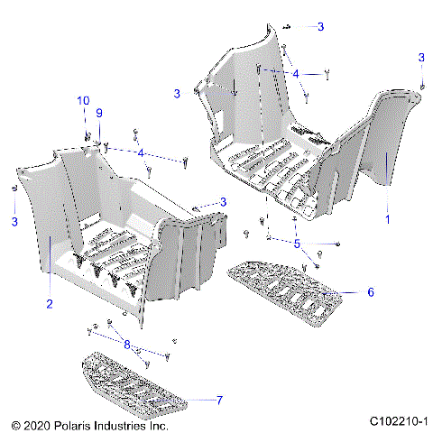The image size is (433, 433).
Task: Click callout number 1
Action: coord(387,218)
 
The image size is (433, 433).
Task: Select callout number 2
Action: coord(50,304)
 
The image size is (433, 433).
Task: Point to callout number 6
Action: coord(370,292)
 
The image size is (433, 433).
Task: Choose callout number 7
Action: coord(219,400)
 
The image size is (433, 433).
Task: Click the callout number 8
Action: coord(127,343)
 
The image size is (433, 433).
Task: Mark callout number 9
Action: coord(100,112)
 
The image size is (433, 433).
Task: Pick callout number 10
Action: coord(83,100)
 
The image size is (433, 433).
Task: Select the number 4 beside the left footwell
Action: coord(140,153)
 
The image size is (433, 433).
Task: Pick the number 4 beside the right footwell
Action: coord(295,73)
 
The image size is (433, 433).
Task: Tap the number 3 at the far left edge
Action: coord(14,221)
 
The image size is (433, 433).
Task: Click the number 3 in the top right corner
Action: coord(421,58)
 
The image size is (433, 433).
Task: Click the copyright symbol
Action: coord(15,423)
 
